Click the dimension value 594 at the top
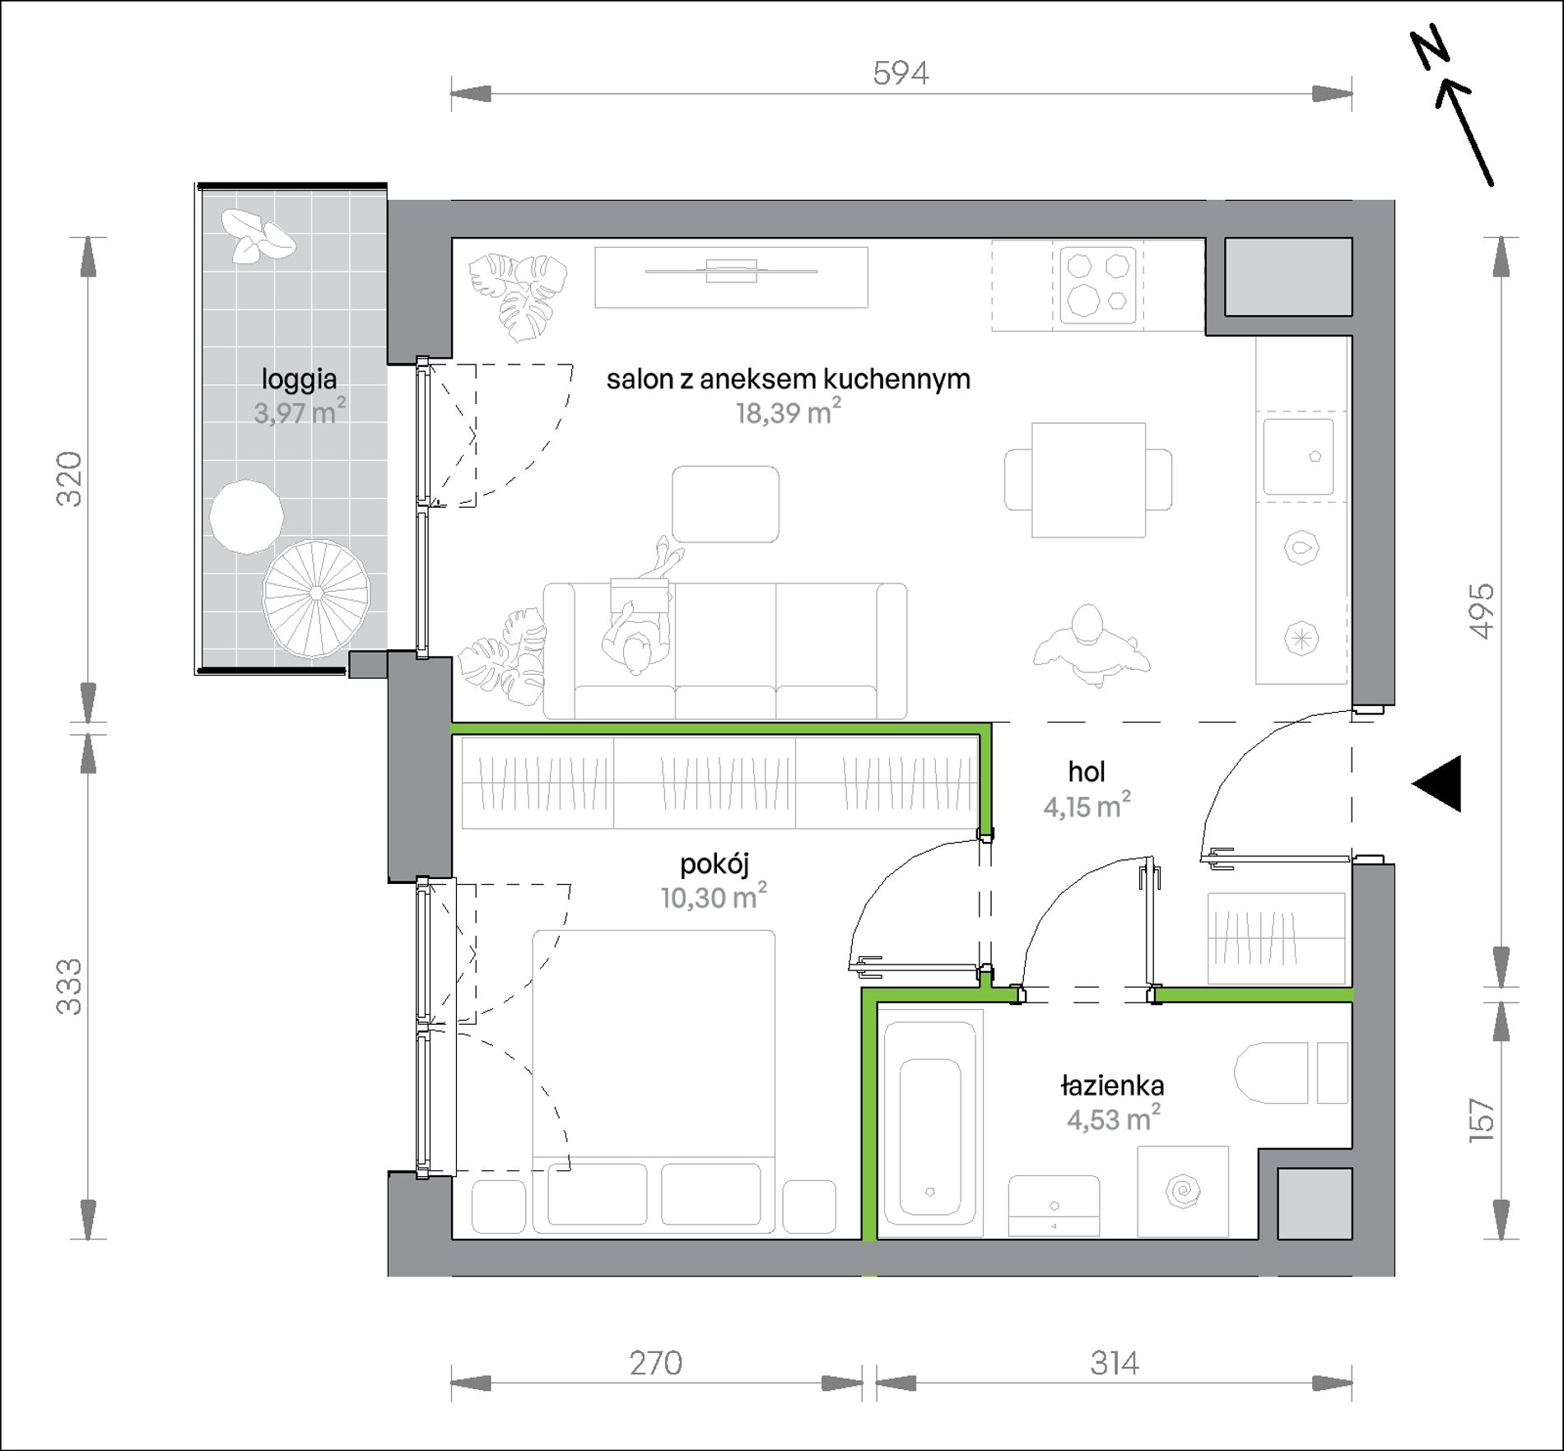[x=901, y=73]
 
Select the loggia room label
[x=299, y=379]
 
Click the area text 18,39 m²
[x=789, y=412]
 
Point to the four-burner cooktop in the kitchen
[x=1097, y=286]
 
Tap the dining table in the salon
[x=1088, y=480]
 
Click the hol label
[x=1087, y=771]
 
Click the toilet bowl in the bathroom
[x=1271, y=1072]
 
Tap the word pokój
[x=715, y=864]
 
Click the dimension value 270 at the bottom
[x=655, y=1363]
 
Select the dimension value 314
[x=1115, y=1363]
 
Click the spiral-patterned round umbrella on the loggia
[x=316, y=593]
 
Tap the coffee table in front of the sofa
[x=725, y=504]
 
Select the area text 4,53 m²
[x=1114, y=1118]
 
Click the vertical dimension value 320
[x=69, y=479]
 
